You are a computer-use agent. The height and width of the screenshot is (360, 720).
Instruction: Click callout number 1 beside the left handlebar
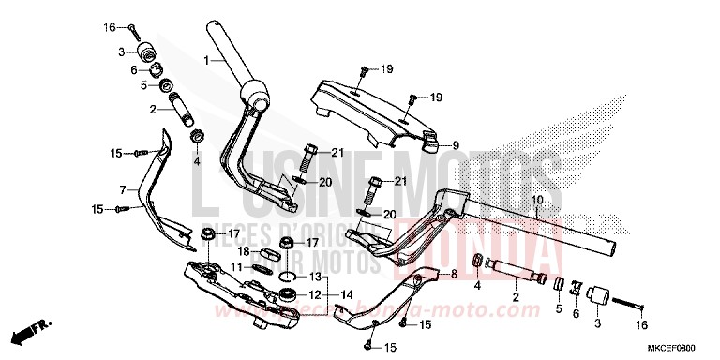(204, 61)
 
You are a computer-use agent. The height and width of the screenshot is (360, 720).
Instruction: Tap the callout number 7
(122, 190)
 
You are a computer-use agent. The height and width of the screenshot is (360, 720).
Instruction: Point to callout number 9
(457, 145)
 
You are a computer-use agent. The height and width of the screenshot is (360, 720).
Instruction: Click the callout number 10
(538, 200)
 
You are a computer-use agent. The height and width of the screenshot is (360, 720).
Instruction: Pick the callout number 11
(237, 268)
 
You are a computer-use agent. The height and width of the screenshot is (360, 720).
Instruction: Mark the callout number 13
(315, 277)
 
